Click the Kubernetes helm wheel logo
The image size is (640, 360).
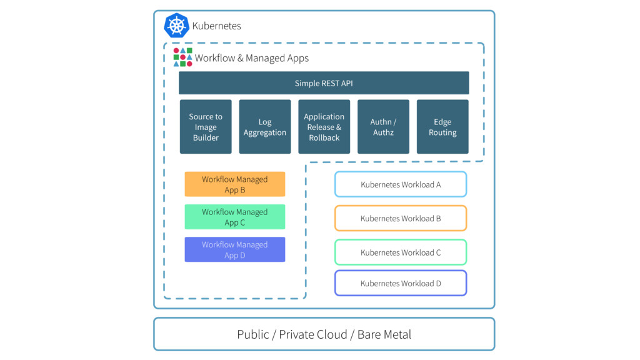point(176,26)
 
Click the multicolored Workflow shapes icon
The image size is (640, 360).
point(182,57)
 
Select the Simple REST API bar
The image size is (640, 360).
point(324,83)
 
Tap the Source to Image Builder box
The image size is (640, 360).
point(206,127)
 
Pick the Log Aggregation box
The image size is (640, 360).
point(265,127)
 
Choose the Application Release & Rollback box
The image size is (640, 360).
point(324,127)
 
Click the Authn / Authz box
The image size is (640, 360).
point(383,127)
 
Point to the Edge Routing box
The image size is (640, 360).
point(442,127)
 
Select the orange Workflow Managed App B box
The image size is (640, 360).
point(235,184)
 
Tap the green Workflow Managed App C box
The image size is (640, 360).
point(235,217)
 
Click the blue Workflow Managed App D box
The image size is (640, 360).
point(235,249)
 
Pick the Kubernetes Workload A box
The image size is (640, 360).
point(401,184)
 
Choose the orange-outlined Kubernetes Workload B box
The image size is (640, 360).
point(401,219)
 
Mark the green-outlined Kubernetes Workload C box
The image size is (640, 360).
point(401,252)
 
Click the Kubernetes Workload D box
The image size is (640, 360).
point(401,283)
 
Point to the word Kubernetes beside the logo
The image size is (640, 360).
point(216,26)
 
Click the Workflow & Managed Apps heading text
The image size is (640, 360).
point(252,58)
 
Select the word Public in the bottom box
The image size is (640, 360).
point(253,334)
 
